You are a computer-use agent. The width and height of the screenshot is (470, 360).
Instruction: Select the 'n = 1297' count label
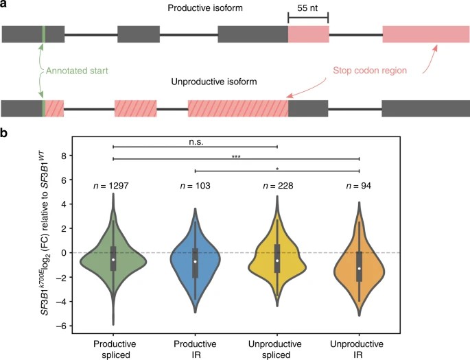(x=113, y=185)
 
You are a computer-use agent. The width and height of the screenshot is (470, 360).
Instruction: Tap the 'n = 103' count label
(x=195, y=185)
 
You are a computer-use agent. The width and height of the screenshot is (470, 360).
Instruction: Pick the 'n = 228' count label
(x=277, y=185)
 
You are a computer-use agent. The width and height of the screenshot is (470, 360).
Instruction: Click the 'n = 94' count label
(x=360, y=185)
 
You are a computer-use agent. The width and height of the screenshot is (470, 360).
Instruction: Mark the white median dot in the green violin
(x=113, y=259)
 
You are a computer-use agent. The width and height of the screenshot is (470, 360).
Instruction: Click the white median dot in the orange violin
(x=360, y=268)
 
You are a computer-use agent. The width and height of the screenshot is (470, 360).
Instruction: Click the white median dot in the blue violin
(x=195, y=261)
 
